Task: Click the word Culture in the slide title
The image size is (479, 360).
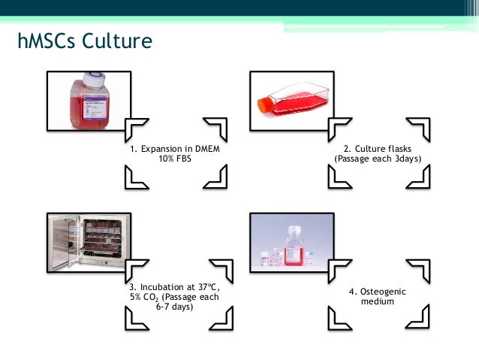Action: tap(121, 41)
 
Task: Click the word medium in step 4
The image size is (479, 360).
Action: tap(377, 301)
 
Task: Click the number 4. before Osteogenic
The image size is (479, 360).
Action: tap(353, 291)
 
